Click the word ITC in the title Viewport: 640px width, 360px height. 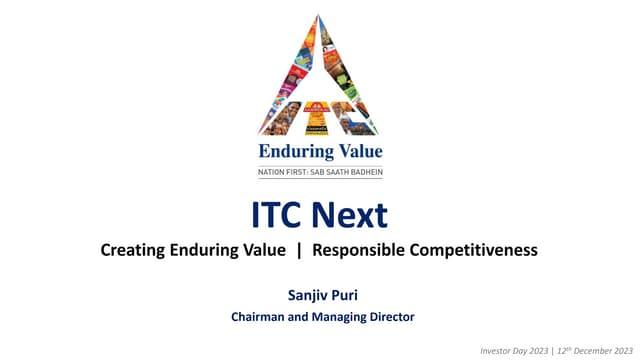[x=278, y=215]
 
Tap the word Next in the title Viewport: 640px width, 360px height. [x=350, y=215]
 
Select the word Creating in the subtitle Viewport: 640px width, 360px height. [x=133, y=250]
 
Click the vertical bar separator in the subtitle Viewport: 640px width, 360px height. [x=299, y=250]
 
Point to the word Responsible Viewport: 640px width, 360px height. [x=358, y=250]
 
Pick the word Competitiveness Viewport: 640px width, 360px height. [x=473, y=250]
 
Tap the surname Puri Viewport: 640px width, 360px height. [x=345, y=295]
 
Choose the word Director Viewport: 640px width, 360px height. [x=392, y=317]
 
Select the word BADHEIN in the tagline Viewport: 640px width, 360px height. [x=367, y=172]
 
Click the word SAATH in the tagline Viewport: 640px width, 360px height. [x=337, y=172]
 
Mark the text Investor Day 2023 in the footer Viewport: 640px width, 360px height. [x=514, y=351]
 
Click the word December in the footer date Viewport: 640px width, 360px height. [x=592, y=351]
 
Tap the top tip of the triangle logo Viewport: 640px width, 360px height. [x=318, y=15]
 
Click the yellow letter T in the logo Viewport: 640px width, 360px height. [x=316, y=118]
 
